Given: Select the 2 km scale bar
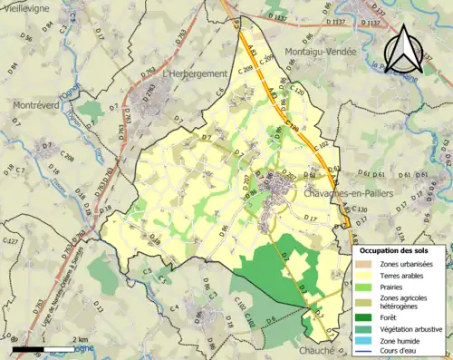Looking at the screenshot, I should pos(54,348).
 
